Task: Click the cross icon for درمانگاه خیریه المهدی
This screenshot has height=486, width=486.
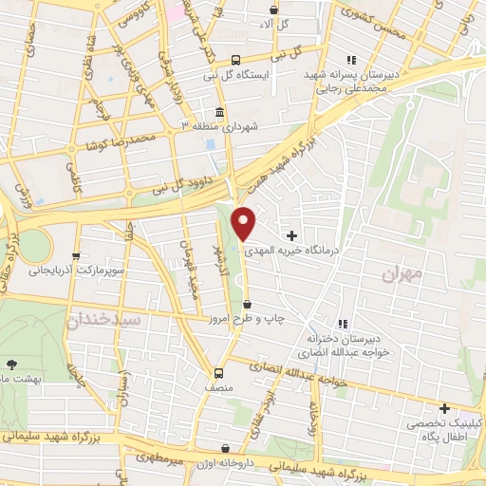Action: point(291,234)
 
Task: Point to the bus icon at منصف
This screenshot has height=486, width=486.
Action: point(218,373)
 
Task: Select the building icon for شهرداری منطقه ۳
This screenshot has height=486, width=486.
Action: point(219,114)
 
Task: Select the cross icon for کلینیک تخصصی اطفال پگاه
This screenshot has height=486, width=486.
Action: point(444,408)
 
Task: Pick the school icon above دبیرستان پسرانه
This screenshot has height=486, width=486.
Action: point(353,59)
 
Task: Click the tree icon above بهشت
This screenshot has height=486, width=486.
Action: point(11,364)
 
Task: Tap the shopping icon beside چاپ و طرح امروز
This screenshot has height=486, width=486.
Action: point(248,305)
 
